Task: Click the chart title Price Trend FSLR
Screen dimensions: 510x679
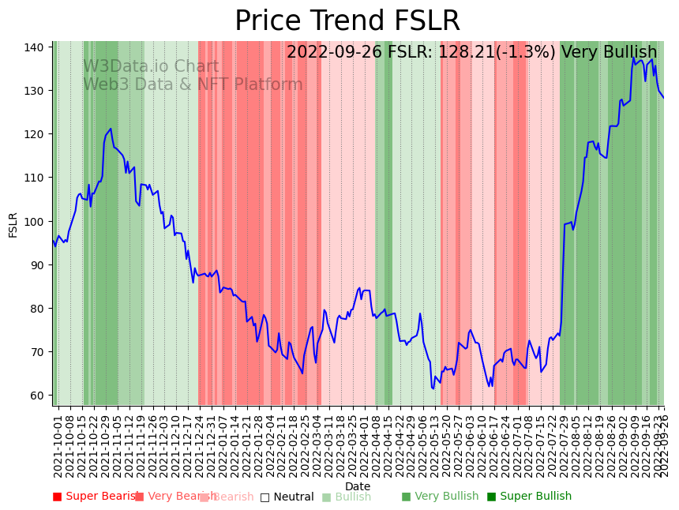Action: (347, 21)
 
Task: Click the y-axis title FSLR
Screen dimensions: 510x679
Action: (13, 224)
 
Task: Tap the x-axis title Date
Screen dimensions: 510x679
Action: (358, 486)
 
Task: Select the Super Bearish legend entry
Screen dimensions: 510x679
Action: (96, 497)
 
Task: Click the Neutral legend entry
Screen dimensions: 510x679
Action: (287, 497)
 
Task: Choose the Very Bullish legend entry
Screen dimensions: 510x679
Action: (440, 497)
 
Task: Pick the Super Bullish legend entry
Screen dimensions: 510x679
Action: (529, 497)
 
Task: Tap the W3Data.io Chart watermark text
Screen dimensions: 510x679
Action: (151, 67)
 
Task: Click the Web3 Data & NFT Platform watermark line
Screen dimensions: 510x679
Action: (193, 84)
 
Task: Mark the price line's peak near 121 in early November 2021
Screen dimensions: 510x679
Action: (111, 129)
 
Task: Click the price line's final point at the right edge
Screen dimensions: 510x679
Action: (664, 98)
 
